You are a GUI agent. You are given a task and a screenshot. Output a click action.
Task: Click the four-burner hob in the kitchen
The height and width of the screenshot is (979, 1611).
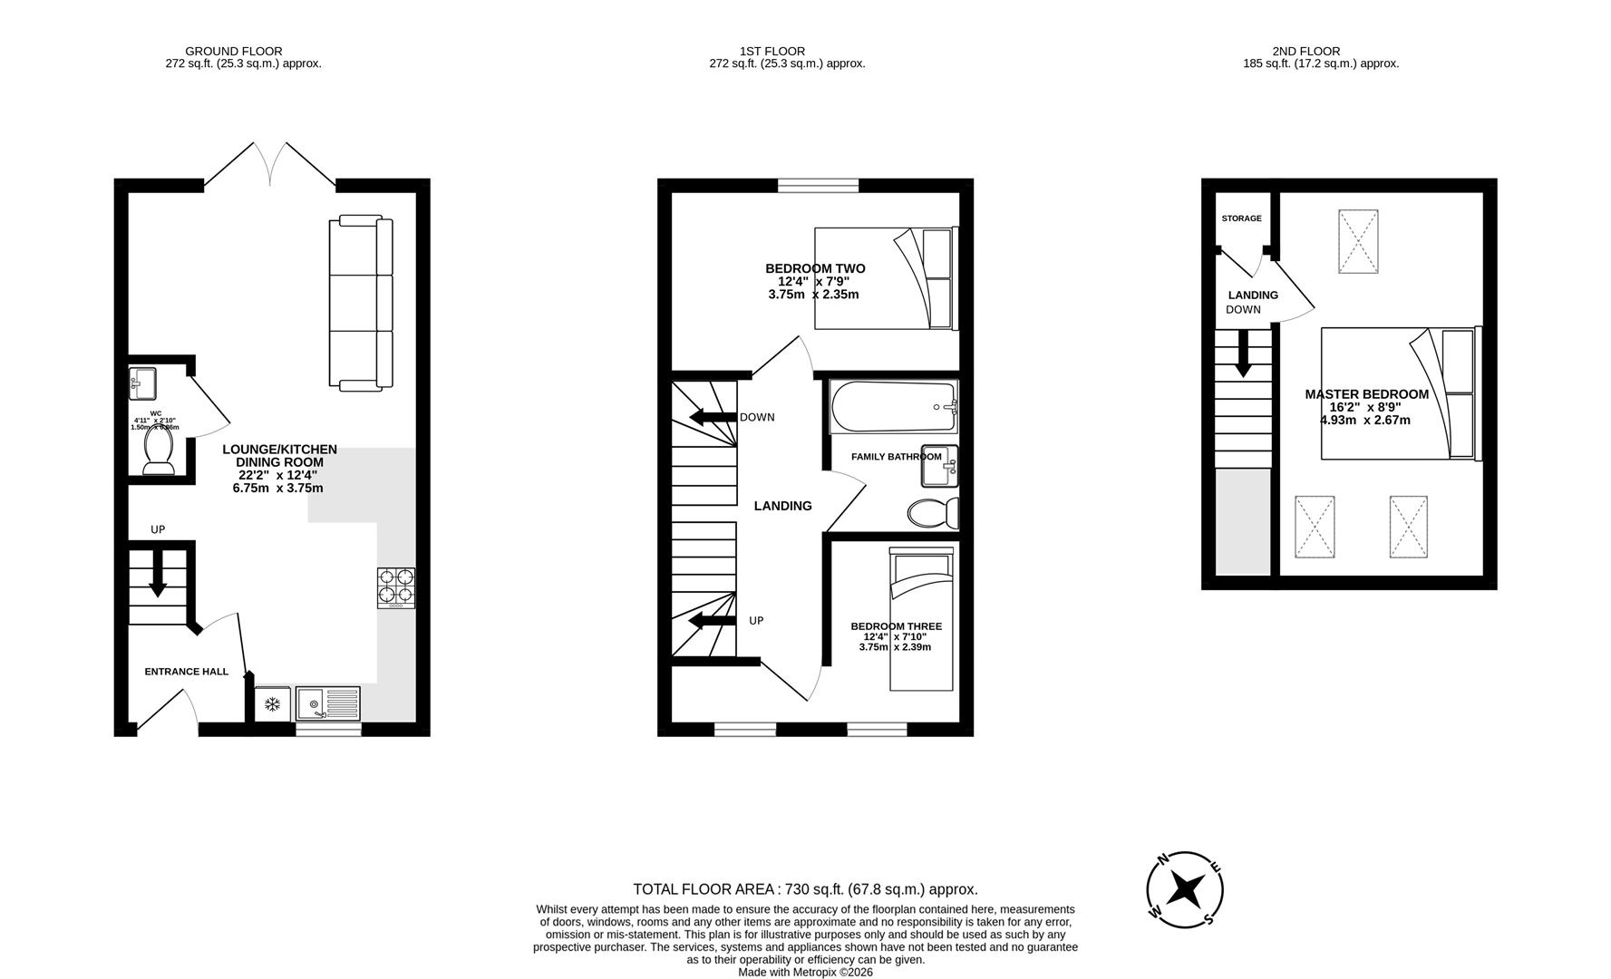tap(396, 586)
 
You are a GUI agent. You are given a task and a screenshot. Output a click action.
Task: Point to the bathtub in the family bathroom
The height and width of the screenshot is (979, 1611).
tap(893, 407)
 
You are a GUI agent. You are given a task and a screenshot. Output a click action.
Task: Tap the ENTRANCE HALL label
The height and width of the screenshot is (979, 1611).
tap(186, 672)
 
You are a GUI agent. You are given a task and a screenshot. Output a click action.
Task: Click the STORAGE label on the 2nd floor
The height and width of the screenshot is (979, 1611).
tap(1241, 218)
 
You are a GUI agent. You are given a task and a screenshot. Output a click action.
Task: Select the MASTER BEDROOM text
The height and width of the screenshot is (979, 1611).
tap(1366, 394)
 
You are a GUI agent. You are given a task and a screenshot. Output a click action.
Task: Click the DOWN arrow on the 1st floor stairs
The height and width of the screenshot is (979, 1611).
tap(713, 417)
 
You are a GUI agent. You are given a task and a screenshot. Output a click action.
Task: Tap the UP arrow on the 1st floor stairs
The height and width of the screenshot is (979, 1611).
tap(713, 621)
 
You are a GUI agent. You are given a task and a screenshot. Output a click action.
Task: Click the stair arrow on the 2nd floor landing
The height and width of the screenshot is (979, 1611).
tap(1243, 354)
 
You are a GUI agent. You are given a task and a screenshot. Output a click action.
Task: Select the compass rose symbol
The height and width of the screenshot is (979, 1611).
tap(1184, 890)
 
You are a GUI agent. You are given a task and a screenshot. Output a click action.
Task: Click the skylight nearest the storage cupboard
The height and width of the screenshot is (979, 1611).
tap(1358, 241)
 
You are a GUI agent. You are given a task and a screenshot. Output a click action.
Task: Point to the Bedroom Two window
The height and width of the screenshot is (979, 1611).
tap(818, 186)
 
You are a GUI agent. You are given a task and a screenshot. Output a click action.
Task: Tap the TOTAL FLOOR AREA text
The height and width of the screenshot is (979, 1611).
tap(805, 889)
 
